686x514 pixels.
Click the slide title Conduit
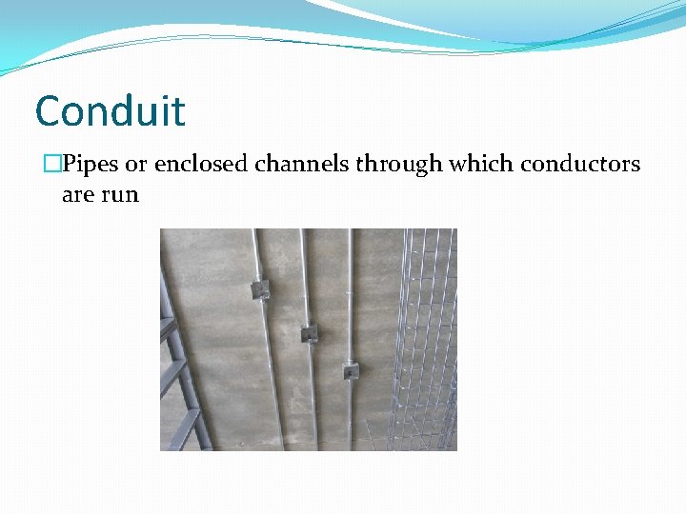coord(110,111)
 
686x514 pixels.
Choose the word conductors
coord(580,165)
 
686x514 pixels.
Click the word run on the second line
coord(121,195)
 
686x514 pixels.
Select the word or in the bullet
coord(136,165)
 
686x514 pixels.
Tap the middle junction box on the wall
coord(308,332)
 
